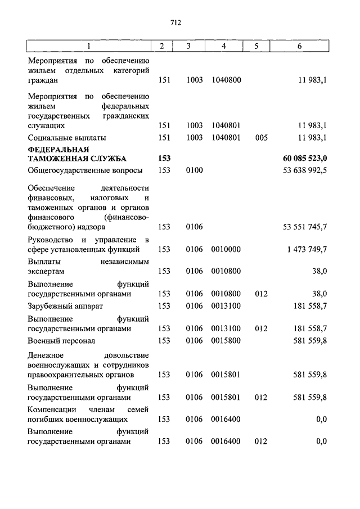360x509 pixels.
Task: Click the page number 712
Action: [x=175, y=22]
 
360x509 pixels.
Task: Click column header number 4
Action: [x=224, y=46]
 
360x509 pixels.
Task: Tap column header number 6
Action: [x=299, y=46]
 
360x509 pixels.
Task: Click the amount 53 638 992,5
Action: [x=304, y=170]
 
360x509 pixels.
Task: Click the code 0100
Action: [x=194, y=170]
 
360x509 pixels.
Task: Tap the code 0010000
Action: [x=226, y=249]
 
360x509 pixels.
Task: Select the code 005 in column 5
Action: [x=261, y=137]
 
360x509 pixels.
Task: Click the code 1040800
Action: [x=226, y=80]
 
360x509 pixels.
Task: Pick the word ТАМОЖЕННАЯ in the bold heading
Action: [x=55, y=159]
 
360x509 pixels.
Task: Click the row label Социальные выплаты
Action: [x=67, y=137]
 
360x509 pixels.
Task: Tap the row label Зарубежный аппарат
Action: [x=66, y=306]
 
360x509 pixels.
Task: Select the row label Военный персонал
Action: [x=61, y=340]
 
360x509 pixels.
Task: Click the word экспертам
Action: [x=47, y=271]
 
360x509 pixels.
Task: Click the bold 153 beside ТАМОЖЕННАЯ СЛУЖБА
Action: [x=164, y=159]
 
